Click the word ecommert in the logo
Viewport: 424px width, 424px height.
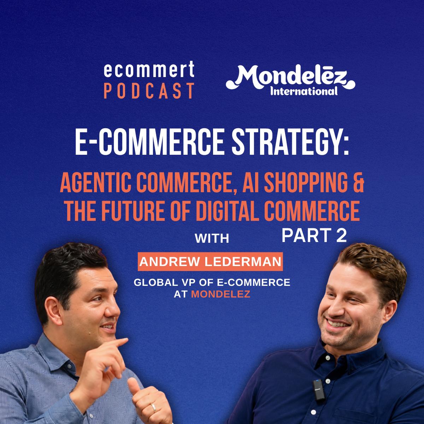coord(149,69)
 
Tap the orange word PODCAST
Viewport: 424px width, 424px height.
coord(149,91)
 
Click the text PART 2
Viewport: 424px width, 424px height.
coord(314,235)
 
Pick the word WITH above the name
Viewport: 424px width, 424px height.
coord(212,238)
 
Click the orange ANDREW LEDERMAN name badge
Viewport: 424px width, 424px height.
coord(210,261)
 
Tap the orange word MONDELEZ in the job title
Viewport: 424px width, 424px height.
coord(221,294)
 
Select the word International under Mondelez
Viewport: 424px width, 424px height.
coord(304,91)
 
